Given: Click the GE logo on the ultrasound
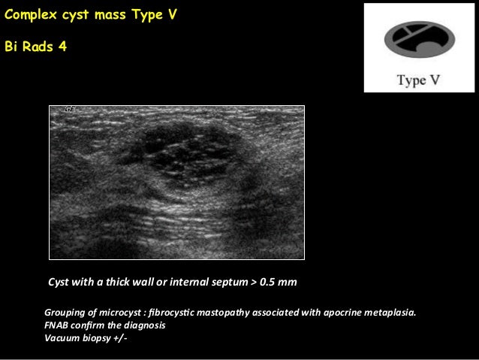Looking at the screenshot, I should [x=70, y=109].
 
